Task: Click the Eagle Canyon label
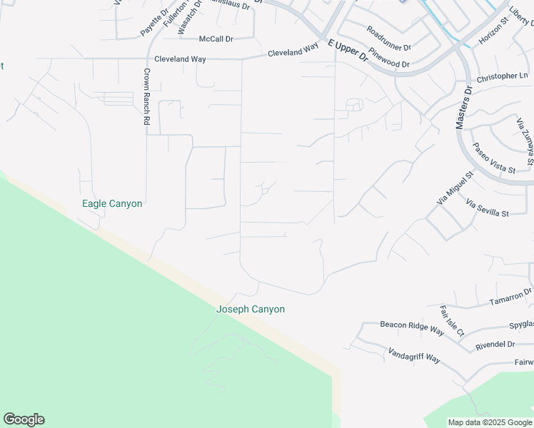(x=112, y=204)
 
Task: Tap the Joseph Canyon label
(x=251, y=310)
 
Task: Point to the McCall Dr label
(x=216, y=39)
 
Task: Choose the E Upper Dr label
(x=348, y=50)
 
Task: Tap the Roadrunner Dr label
(x=388, y=39)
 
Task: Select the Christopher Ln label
(x=502, y=76)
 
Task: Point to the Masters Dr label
(x=463, y=108)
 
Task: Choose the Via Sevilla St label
(x=487, y=208)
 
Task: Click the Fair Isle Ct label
(x=451, y=321)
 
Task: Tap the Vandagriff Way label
(x=414, y=355)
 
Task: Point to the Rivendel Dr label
(x=495, y=345)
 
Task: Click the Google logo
(x=24, y=419)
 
